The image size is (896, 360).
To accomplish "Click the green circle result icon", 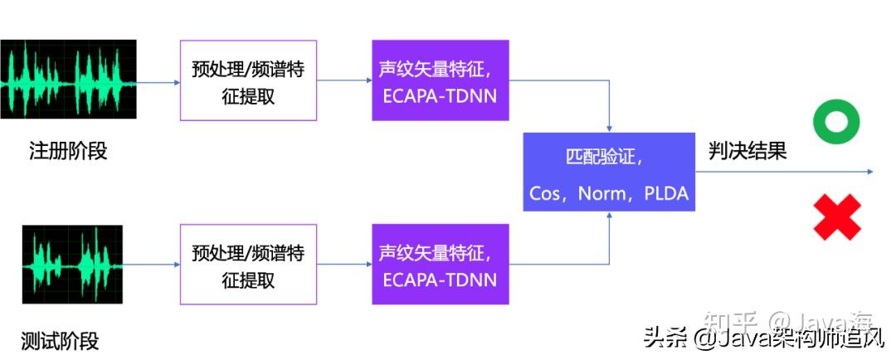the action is [836, 121].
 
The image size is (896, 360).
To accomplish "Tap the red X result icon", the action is [837, 216].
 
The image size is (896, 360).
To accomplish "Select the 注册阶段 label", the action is [68, 152].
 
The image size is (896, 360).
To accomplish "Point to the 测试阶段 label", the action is [60, 341].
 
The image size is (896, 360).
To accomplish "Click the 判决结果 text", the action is [747, 151].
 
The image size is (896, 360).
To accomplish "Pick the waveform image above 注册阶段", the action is [68, 79].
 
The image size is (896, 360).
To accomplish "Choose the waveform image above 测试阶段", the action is [72, 264].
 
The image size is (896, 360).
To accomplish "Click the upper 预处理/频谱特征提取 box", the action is [249, 80].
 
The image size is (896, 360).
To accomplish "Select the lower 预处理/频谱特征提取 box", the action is [249, 264].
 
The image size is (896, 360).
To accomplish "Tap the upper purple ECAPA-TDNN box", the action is [441, 80].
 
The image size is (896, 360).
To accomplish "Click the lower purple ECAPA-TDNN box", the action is [441, 264].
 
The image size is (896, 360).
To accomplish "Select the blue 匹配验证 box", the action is [609, 172].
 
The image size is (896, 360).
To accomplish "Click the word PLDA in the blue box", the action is [666, 193].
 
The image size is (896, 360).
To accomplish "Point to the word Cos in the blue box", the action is [544, 193].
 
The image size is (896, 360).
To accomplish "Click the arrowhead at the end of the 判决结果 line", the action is [870, 172].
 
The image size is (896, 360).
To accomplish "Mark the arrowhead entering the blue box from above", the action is [610, 129].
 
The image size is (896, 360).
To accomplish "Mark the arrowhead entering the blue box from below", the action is [610, 215].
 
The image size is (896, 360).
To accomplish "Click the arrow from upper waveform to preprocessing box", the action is [158, 82].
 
